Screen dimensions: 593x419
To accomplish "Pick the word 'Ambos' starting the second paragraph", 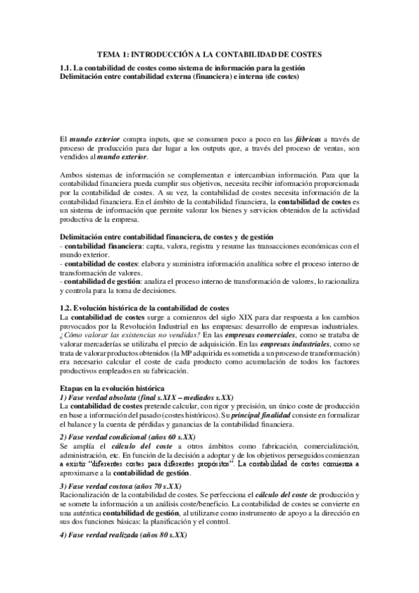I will point(72,175).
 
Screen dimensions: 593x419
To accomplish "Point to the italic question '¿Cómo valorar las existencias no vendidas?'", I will point(127,334).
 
